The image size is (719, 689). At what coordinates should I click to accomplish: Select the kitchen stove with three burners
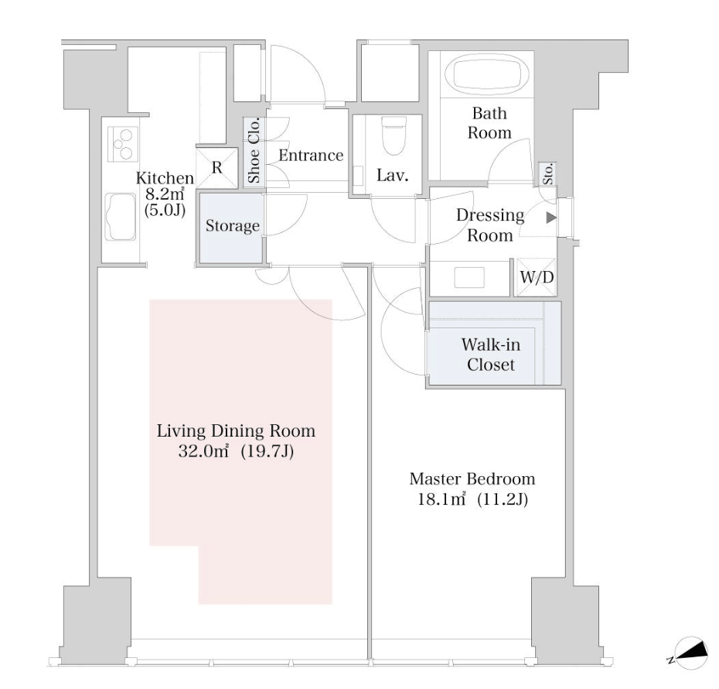123,144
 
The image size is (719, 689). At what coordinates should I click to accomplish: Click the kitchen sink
121,216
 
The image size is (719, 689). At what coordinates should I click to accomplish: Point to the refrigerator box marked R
217,168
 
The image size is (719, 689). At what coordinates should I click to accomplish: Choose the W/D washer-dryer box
537,277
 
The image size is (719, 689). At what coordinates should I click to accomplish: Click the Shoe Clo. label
254,150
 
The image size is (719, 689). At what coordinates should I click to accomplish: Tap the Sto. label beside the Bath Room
547,174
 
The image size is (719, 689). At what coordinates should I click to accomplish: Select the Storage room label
233,226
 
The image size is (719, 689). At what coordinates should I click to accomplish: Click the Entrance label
311,155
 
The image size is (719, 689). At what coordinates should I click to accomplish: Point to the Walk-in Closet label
491,355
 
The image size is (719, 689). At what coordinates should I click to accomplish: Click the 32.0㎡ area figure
203,451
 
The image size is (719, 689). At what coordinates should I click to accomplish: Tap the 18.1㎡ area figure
441,499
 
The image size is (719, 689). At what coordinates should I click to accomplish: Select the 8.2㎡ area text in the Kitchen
164,194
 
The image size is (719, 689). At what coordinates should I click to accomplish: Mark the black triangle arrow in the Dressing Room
551,218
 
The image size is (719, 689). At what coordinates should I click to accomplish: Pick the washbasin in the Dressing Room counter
469,277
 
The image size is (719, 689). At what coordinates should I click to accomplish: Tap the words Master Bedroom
472,478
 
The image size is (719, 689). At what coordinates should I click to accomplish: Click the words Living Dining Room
236,431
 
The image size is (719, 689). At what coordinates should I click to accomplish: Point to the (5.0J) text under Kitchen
165,211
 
